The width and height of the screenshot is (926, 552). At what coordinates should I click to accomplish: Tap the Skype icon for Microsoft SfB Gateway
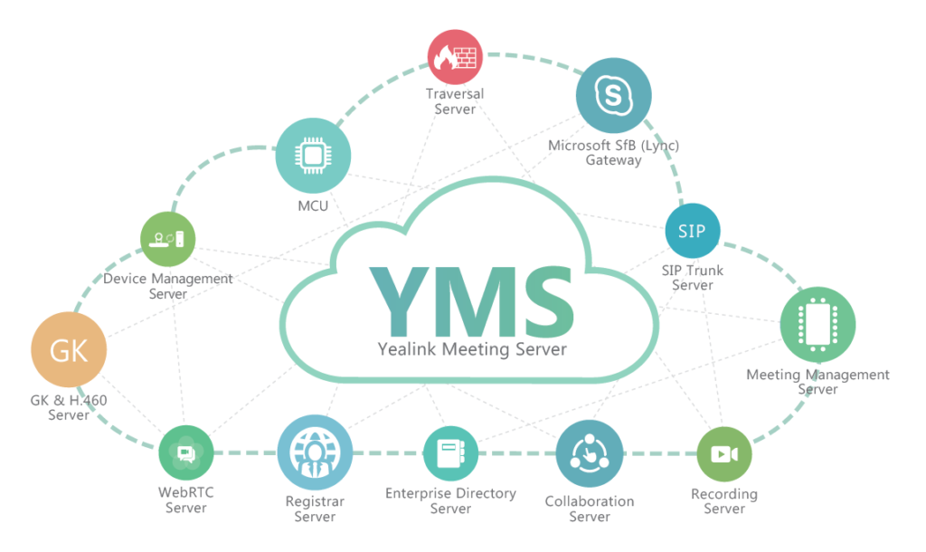pyautogui.click(x=613, y=95)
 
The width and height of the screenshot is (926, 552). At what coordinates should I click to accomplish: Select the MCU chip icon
pyautogui.click(x=313, y=157)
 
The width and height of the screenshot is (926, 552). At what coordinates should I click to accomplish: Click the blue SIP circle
pyautogui.click(x=692, y=231)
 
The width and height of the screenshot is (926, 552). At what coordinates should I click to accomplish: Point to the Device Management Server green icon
pyautogui.click(x=168, y=239)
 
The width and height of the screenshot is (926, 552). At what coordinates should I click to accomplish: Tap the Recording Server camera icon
pyautogui.click(x=724, y=453)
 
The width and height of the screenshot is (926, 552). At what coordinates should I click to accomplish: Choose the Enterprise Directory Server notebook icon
pyautogui.click(x=450, y=453)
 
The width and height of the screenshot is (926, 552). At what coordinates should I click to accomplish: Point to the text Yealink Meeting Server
pyautogui.click(x=471, y=349)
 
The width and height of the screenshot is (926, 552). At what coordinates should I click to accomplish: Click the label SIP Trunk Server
pyautogui.click(x=693, y=278)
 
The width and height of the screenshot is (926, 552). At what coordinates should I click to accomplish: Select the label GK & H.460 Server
pyautogui.click(x=69, y=407)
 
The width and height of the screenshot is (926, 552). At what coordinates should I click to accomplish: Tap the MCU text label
pyautogui.click(x=313, y=205)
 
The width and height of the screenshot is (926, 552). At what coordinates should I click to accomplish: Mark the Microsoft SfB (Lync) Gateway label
pyautogui.click(x=613, y=153)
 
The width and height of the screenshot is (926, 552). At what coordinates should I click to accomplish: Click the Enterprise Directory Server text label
pyautogui.click(x=450, y=500)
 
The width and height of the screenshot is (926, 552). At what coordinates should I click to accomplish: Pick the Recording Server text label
pyautogui.click(x=724, y=501)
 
